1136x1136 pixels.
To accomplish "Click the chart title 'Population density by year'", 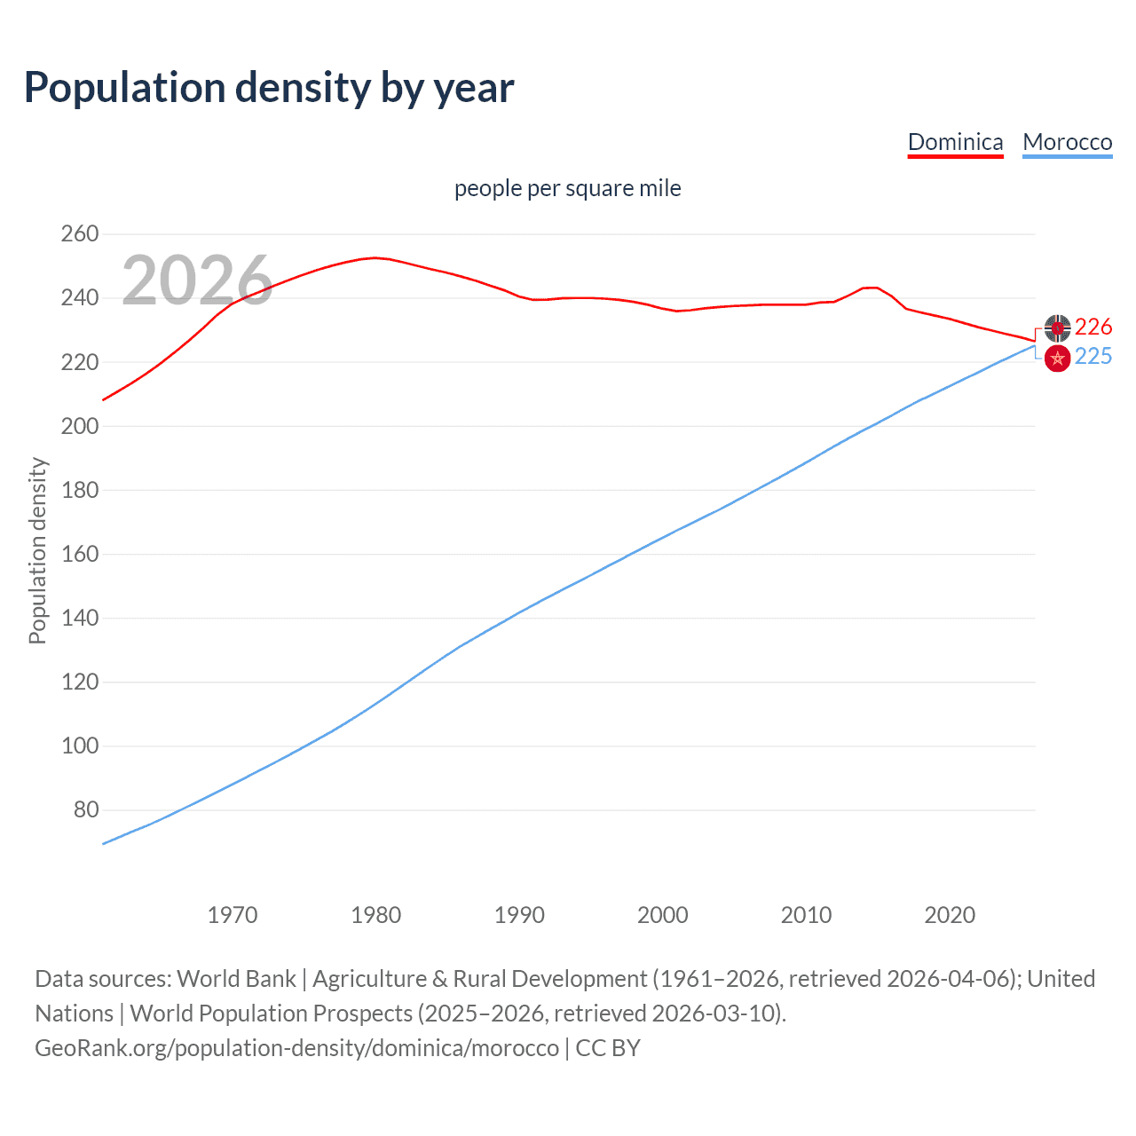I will point(269,88).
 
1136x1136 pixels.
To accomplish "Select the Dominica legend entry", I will point(955,142).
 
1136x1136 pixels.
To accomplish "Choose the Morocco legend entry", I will point(1067,142).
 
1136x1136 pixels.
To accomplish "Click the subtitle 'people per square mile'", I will point(568,188).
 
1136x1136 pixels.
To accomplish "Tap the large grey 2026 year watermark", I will point(197,280).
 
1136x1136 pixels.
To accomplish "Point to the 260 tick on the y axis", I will point(79,234).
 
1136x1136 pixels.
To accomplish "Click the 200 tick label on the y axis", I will point(79,426).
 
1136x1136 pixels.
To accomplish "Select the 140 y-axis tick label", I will point(79,618).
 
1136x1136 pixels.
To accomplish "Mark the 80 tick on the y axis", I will point(85,809).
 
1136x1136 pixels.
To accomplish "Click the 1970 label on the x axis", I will point(233,915).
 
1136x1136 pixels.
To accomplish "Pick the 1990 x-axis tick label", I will point(519,915).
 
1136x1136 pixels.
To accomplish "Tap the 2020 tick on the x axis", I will point(950,915).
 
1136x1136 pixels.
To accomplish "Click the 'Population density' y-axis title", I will point(37,550).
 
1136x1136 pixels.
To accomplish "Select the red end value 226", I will point(1093,327).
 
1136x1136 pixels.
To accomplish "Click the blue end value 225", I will point(1093,357).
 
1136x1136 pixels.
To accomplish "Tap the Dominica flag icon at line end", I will point(1057,328).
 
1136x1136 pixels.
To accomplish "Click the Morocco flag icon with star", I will point(1057,359).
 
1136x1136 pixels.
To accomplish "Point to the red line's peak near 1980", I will point(375,257).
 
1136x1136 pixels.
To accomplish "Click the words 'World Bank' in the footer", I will point(236,979).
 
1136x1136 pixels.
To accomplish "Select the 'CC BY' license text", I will point(608,1048).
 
